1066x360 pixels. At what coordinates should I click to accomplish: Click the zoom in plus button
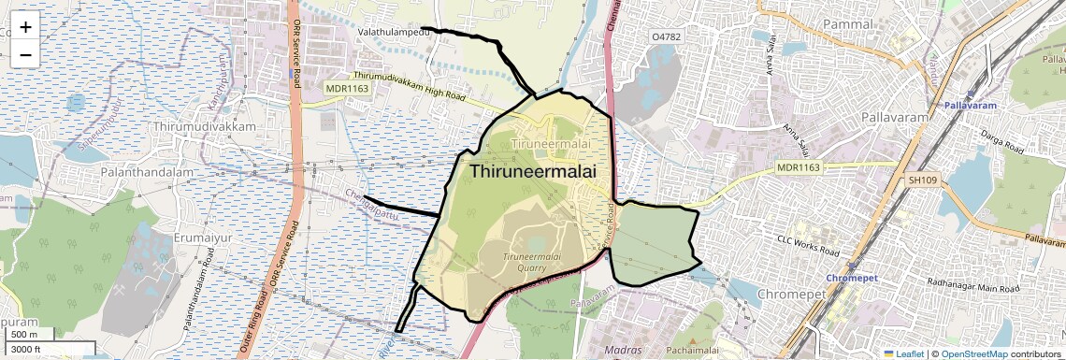(x=25, y=26)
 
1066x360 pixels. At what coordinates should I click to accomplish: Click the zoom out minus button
(x=25, y=54)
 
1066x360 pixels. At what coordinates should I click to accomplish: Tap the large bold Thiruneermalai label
(x=532, y=172)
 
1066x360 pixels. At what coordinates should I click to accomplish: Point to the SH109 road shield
(x=921, y=180)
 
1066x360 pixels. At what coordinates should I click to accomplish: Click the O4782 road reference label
(x=668, y=36)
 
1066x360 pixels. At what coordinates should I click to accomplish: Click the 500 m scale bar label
(x=24, y=335)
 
